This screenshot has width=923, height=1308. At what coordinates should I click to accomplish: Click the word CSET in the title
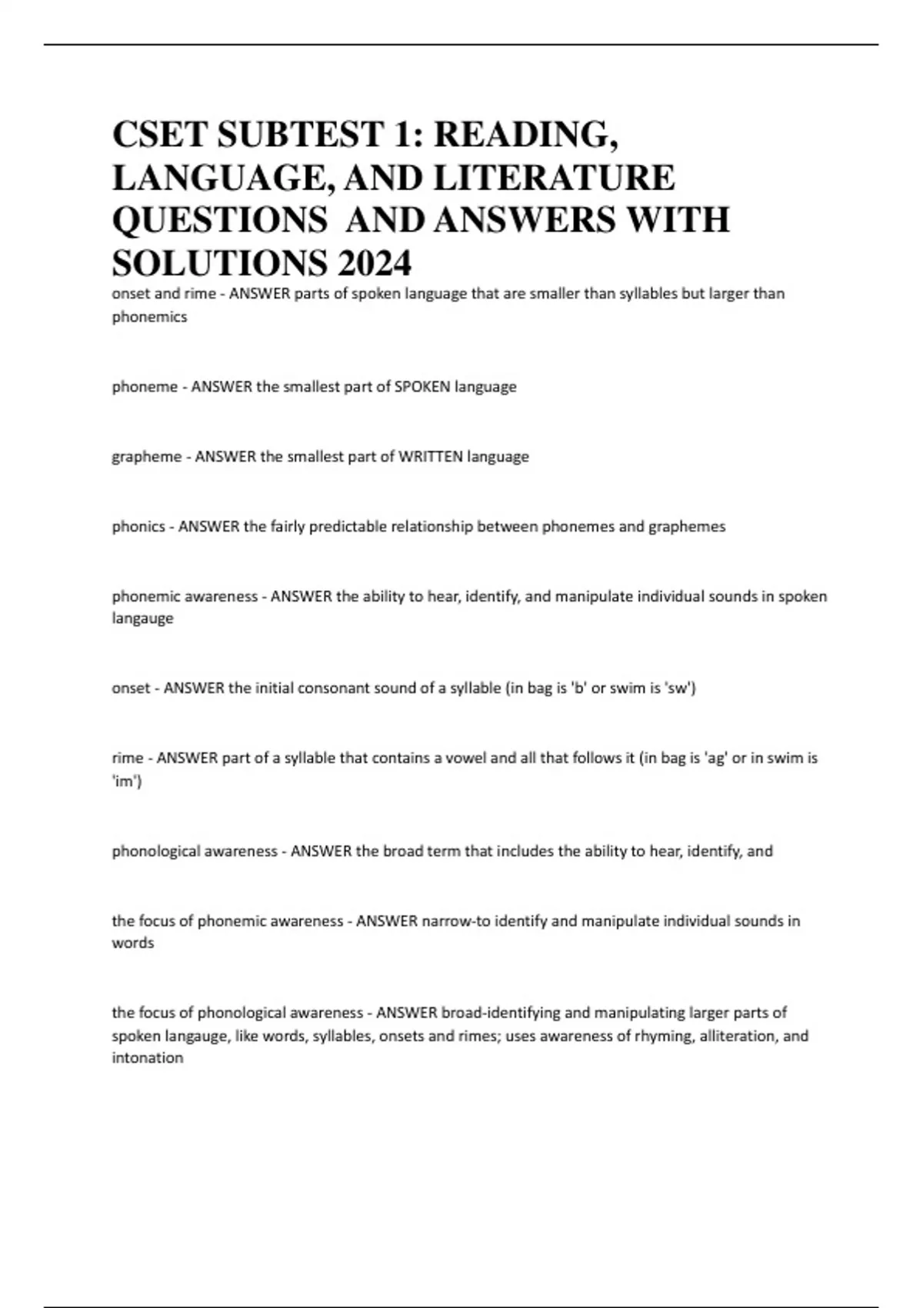[158, 135]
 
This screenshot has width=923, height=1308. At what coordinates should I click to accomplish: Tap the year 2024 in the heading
[373, 264]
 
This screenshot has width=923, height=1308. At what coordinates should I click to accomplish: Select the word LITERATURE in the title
[555, 178]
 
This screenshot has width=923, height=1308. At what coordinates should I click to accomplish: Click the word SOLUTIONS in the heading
[219, 264]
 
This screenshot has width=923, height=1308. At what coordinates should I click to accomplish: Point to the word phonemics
[149, 317]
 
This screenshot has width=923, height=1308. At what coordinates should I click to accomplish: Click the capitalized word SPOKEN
[422, 387]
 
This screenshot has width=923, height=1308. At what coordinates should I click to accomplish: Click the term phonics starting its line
[138, 527]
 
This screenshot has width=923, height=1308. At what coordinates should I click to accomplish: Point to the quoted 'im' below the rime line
[126, 782]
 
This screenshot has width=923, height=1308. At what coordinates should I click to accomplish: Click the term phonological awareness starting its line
[195, 852]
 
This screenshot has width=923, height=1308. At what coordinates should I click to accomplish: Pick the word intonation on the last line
[148, 1058]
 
